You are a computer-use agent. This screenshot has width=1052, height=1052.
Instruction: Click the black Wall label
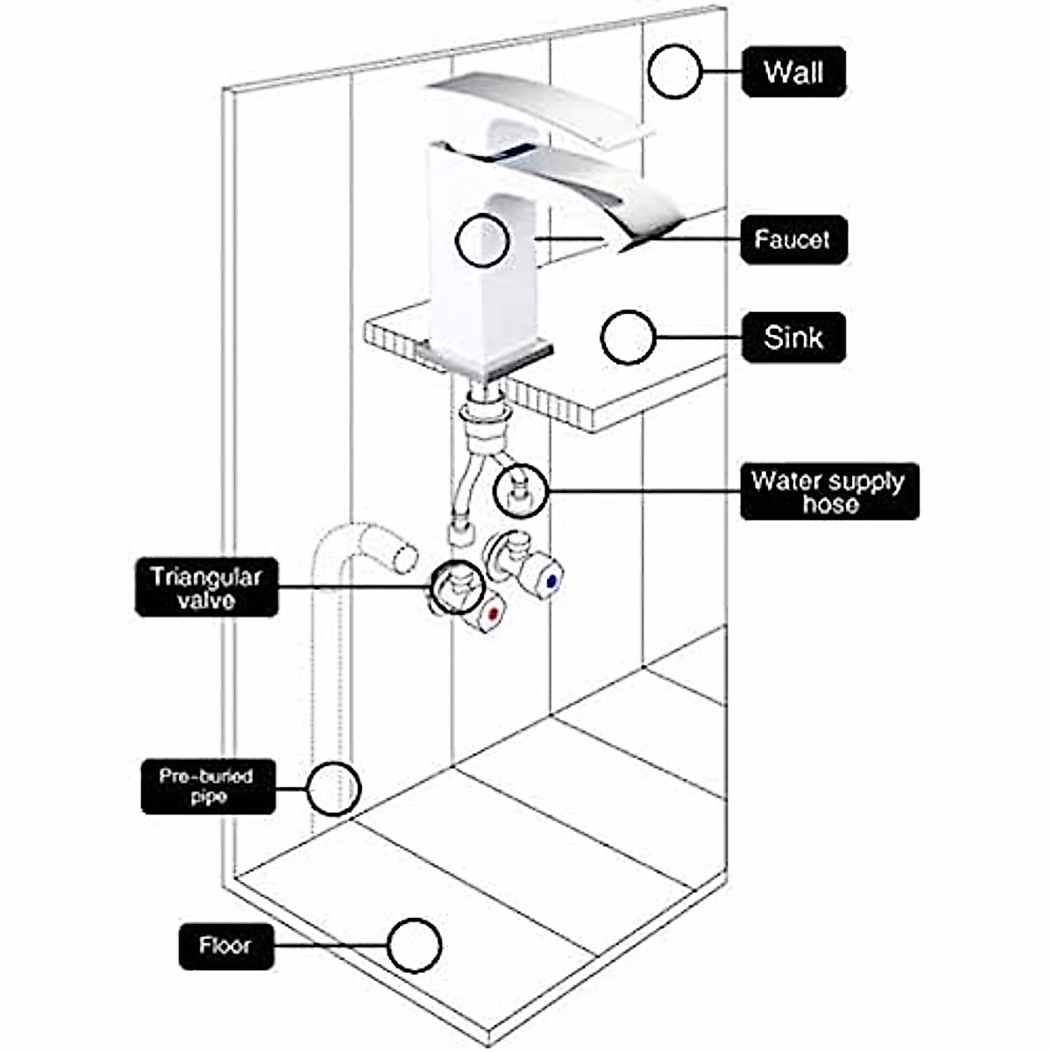coord(793,72)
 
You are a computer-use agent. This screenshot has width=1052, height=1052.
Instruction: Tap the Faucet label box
coord(793,239)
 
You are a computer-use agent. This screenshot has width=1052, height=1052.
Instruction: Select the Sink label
coord(793,338)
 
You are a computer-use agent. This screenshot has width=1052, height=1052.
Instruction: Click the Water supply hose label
coord(829,492)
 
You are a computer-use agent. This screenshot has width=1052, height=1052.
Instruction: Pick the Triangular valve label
coord(206,587)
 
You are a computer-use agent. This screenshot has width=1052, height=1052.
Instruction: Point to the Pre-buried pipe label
coord(208,786)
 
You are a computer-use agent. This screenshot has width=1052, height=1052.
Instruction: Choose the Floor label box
coord(225,946)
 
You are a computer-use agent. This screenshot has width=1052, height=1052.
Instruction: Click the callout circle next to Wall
coord(674,71)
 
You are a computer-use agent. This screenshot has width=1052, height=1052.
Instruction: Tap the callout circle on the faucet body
coord(482,240)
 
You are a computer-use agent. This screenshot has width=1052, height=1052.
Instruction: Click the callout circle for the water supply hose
coord(521,491)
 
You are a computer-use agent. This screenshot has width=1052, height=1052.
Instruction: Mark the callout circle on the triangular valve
coord(457,586)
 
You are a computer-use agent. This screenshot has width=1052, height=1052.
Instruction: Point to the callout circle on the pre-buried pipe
coord(334,786)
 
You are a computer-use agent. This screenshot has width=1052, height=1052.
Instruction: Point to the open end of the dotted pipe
coord(404,555)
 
